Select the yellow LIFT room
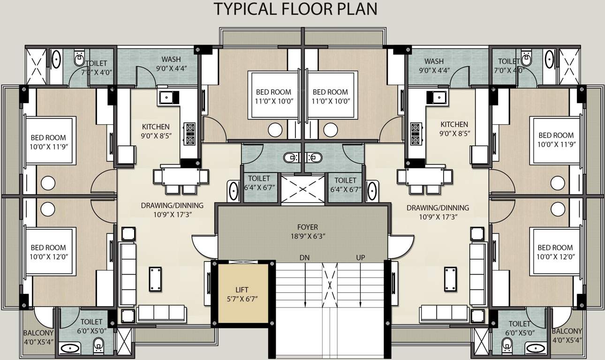(x=242, y=293)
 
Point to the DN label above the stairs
(x=305, y=258)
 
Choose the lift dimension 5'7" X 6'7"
(x=242, y=299)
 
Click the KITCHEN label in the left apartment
(x=156, y=127)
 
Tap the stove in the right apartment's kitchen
(x=416, y=133)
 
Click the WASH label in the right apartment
(x=434, y=61)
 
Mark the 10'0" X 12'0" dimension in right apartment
(x=555, y=257)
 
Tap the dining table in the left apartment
(x=181, y=176)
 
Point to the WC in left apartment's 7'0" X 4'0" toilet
(x=79, y=60)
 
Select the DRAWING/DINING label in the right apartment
(x=437, y=208)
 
